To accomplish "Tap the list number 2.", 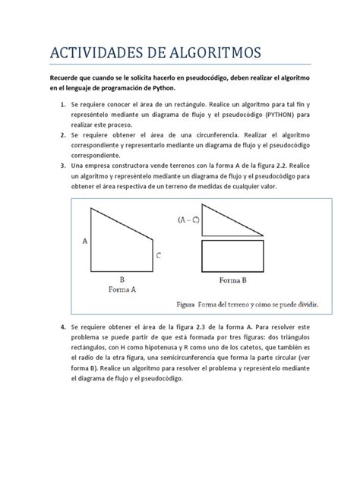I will click(x=62, y=134).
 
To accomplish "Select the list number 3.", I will click(x=62, y=166).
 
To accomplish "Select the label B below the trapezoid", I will click(x=121, y=279).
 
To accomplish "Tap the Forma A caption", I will click(x=122, y=289).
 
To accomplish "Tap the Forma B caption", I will click(x=235, y=279).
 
